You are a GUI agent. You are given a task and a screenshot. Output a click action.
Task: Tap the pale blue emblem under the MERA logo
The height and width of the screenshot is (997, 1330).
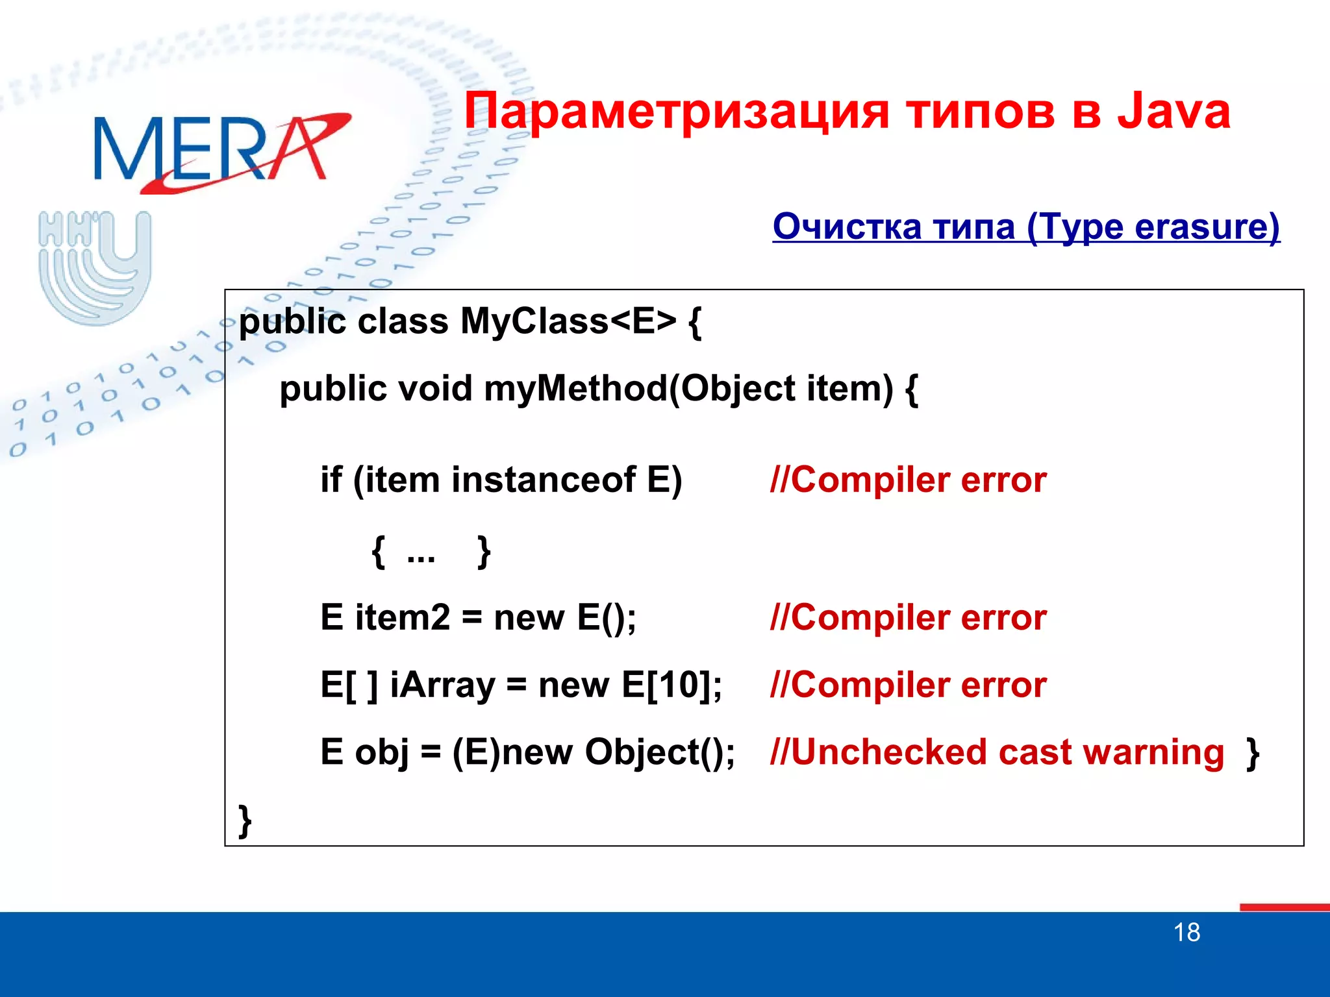click(x=95, y=266)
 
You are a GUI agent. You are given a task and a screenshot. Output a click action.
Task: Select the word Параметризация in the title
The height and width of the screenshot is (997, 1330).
click(x=675, y=112)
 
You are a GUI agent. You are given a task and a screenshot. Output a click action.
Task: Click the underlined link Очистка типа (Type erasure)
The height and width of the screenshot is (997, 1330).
click(x=1026, y=227)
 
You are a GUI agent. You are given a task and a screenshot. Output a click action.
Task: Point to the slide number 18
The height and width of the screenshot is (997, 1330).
click(x=1186, y=933)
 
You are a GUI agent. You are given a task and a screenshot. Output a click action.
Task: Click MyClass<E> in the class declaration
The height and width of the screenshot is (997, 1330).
click(x=568, y=321)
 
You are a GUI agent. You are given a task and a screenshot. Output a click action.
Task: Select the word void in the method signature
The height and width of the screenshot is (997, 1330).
click(x=434, y=389)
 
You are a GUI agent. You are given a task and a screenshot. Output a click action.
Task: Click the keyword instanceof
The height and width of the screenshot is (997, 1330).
click(x=544, y=480)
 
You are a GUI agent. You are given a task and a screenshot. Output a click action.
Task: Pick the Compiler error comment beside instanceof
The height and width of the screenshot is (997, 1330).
click(x=908, y=480)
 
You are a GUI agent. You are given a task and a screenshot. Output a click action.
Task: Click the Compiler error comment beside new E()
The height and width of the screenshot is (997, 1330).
click(x=908, y=617)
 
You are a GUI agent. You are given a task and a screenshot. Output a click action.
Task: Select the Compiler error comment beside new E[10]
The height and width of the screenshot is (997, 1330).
click(x=908, y=685)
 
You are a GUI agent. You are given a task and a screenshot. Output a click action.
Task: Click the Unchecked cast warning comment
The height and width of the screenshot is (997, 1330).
click(x=997, y=752)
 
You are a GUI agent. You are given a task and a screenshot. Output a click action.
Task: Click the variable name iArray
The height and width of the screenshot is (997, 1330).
click(x=442, y=685)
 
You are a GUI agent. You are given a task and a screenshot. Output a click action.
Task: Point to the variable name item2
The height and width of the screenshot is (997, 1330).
click(x=402, y=617)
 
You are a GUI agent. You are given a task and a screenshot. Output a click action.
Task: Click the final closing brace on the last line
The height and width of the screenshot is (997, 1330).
click(x=245, y=821)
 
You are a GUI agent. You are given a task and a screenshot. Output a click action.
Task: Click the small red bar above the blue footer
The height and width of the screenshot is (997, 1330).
click(x=1284, y=907)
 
